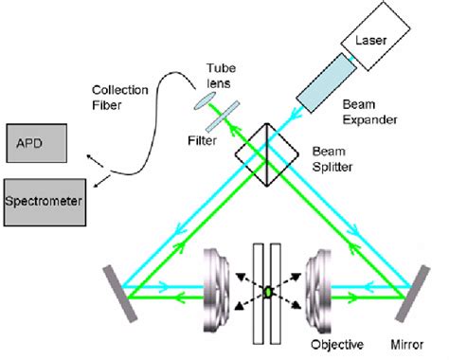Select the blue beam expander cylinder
pos(327,87)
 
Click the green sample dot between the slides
pos(269,291)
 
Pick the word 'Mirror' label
pos(408,344)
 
